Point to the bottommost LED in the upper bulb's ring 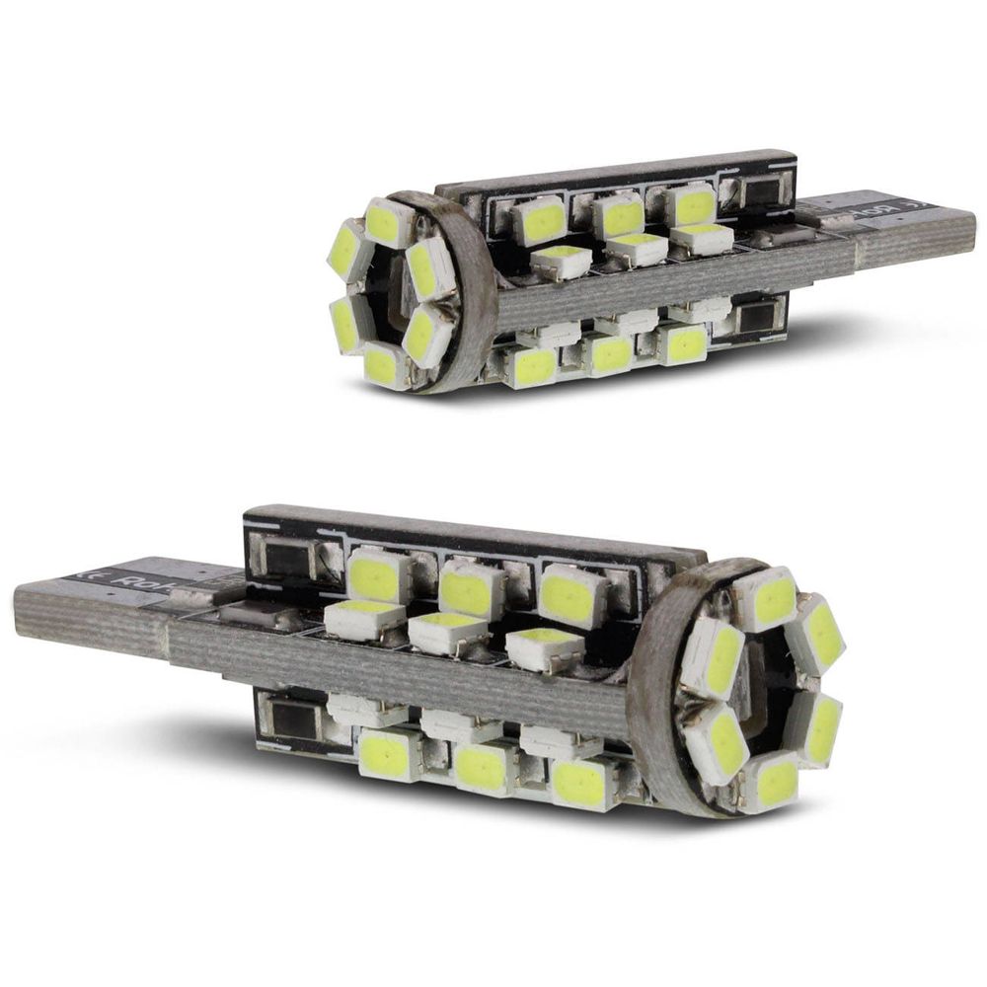(x=383, y=366)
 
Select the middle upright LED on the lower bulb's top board (x=472, y=590)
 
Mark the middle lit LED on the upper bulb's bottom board (x=608, y=353)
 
